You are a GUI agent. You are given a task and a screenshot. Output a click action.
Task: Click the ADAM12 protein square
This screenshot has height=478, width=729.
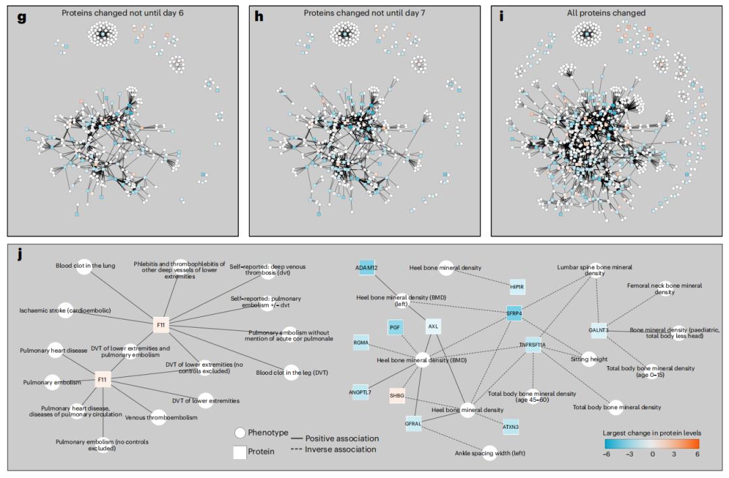pyautogui.click(x=365, y=268)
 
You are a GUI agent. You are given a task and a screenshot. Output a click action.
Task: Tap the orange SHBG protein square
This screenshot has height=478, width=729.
pyautogui.click(x=396, y=396)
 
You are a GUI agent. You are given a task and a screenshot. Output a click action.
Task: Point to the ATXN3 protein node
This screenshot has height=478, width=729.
pyautogui.click(x=511, y=426)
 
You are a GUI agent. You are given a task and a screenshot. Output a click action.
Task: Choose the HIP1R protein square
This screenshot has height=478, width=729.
pyautogui.click(x=517, y=287)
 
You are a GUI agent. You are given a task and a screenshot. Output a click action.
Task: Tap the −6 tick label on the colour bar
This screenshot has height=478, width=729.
pyautogui.click(x=611, y=455)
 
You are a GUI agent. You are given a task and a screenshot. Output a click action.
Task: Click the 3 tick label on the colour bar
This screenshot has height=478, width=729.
pyautogui.click(x=674, y=455)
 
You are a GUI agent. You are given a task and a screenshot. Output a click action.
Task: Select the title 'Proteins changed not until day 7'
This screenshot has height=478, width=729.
pyautogui.click(x=364, y=13)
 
